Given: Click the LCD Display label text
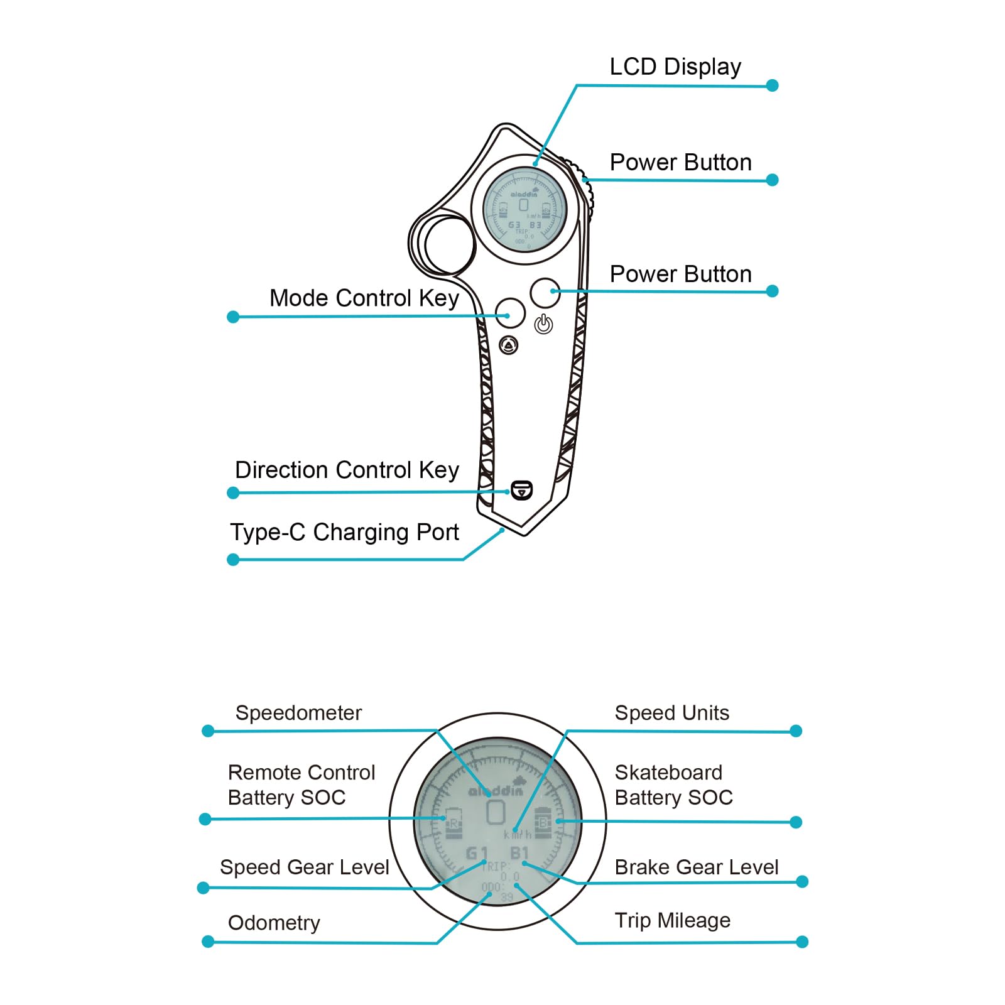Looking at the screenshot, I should coord(675,67).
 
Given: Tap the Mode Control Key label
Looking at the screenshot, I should coord(364,298).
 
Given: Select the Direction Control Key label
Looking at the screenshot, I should coord(347,470).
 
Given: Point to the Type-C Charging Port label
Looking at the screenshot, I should coord(344,532).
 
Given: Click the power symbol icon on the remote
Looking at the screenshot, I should coord(543,325).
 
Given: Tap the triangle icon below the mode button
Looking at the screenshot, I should coord(509,345).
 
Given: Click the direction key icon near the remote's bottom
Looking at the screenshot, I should coord(521,490).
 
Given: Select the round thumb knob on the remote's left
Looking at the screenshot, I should coord(448,245).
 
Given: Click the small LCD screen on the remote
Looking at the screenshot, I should coord(524,209).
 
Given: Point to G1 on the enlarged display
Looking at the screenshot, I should coord(477,853).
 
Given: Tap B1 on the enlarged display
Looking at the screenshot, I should coord(519,853).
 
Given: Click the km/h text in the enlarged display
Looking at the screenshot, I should coord(518,835).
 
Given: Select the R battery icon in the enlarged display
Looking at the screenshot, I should coord(454,823).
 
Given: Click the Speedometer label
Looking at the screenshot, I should coord(298,713).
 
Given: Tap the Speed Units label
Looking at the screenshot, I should coord(671,713).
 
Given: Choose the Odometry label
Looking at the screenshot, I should coord(274,923).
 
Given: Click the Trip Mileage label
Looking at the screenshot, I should coord(672,920).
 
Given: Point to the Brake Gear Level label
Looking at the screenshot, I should coord(696,867).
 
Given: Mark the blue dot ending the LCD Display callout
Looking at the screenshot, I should coord(773,85).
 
